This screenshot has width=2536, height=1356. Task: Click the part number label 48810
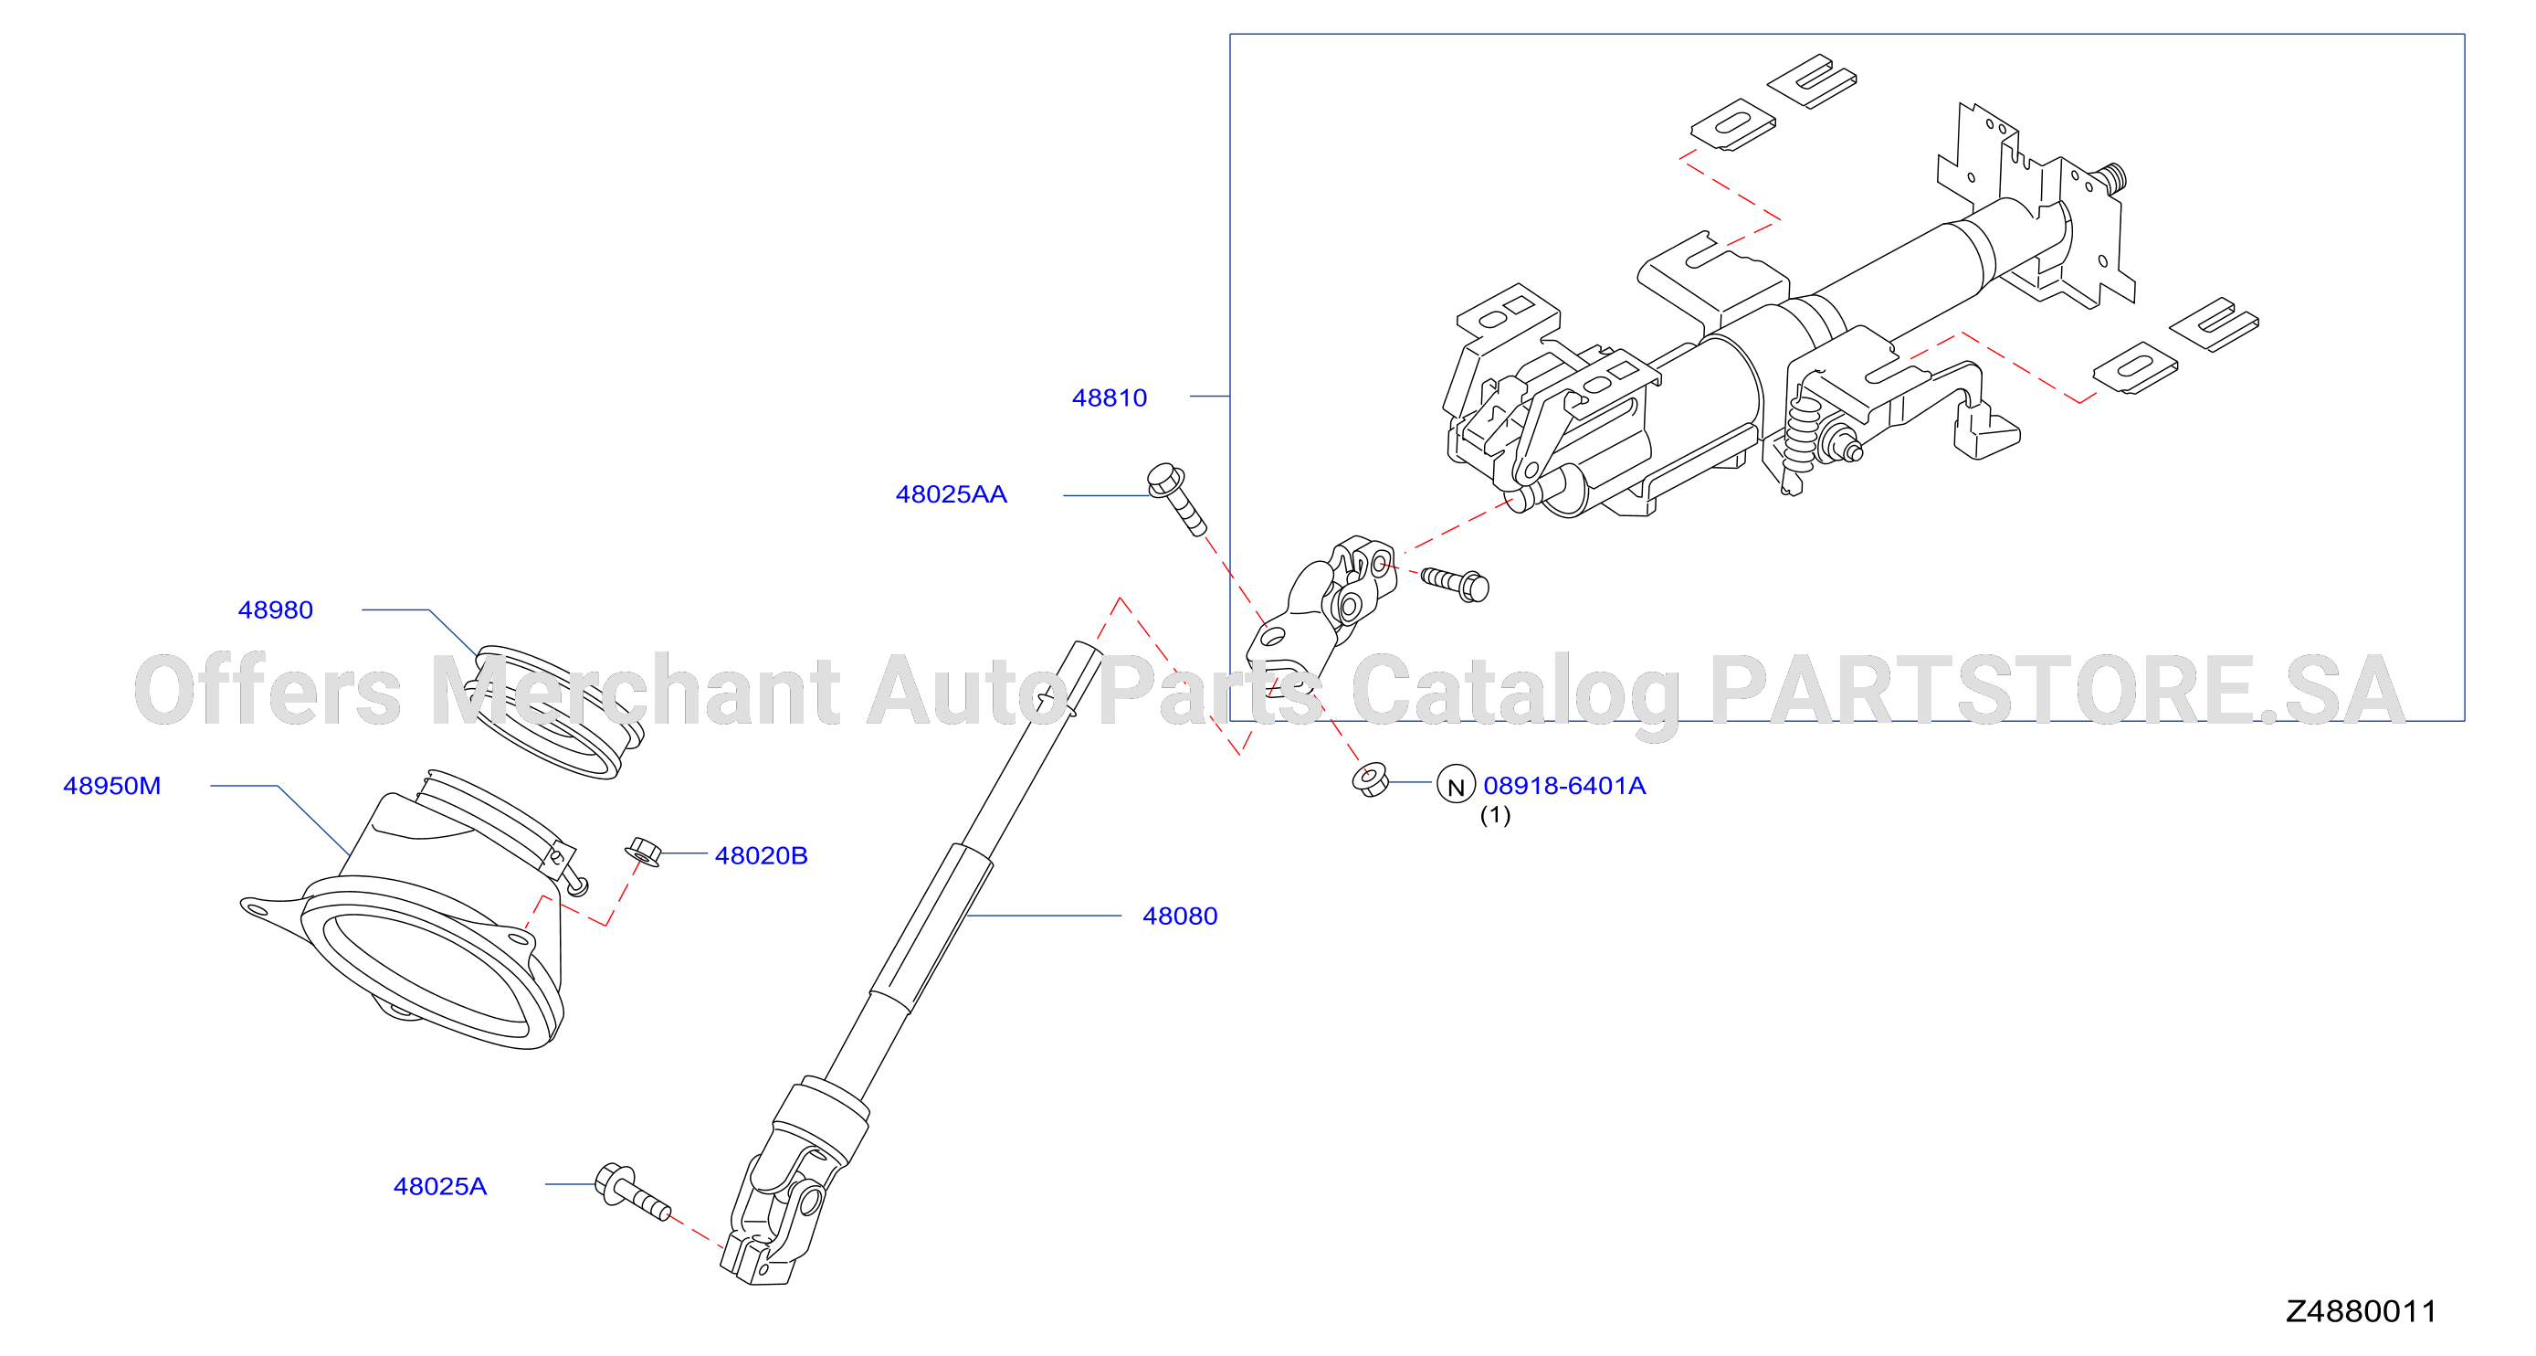1109,397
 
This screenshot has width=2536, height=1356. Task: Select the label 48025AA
951,494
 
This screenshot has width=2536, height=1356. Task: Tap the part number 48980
276,609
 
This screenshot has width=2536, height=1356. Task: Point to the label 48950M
111,786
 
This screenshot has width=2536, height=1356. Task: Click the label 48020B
761,856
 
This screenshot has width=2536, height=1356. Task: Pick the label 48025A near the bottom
440,1186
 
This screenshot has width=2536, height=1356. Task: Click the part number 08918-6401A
1564,786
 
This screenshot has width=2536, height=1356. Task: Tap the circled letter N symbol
1456,785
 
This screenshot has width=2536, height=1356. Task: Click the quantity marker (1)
1496,814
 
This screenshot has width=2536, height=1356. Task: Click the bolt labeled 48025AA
1176,499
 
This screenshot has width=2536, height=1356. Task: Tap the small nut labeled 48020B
643,852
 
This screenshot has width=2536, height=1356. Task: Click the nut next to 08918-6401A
1371,779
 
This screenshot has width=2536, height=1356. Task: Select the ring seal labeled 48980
557,712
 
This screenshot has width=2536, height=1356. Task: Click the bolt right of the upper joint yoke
1455,583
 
